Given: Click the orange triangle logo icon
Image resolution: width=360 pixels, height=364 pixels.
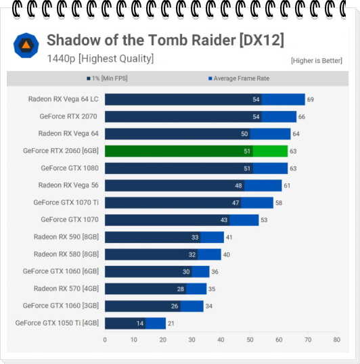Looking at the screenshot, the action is (x=26, y=45).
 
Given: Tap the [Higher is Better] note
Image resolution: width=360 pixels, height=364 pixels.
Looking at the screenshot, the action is (x=317, y=61).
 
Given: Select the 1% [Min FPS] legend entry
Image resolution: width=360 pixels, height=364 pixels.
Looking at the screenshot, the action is (x=107, y=78).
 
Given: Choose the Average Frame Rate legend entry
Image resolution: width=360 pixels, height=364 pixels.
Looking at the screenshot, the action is (x=239, y=78).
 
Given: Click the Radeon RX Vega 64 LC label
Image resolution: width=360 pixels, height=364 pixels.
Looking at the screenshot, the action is (x=64, y=99).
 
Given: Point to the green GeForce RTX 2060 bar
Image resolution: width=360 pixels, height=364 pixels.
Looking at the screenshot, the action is (x=196, y=151).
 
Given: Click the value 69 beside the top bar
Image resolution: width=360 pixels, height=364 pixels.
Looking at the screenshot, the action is (x=311, y=99).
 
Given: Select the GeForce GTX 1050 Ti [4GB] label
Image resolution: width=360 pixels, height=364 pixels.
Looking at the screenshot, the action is (x=57, y=323).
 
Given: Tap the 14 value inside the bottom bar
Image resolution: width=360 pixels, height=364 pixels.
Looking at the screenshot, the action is (x=140, y=323).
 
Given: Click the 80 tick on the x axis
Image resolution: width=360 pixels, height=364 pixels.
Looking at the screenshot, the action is (x=337, y=340).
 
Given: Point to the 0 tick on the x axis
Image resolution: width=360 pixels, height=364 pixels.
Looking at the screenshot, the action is (x=105, y=340).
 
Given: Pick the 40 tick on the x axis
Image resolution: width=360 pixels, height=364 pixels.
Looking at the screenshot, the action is (x=221, y=340).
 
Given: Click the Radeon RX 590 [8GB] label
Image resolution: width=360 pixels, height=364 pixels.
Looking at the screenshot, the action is (x=66, y=237).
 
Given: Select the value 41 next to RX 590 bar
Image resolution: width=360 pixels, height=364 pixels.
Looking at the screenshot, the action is (x=229, y=237).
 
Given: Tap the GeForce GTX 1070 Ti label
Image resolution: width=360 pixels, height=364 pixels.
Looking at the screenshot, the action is (x=66, y=202).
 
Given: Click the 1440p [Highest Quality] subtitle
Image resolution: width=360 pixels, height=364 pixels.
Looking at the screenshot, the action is (x=100, y=58).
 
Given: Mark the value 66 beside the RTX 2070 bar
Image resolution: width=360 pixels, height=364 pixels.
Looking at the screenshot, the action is (x=302, y=117).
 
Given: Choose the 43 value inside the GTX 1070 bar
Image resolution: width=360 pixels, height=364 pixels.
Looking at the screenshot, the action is (x=224, y=220).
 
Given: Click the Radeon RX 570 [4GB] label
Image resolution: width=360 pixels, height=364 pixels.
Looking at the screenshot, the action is (x=66, y=288).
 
